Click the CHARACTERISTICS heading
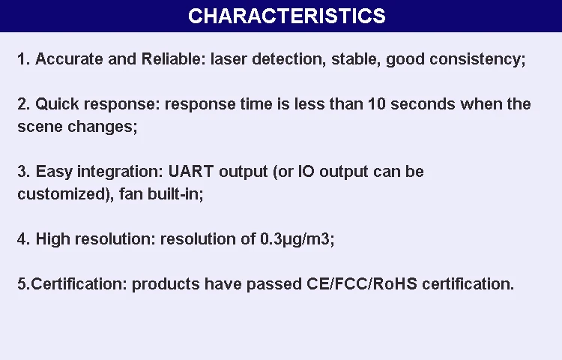(287, 16)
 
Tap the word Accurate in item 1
(69, 58)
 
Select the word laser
(229, 58)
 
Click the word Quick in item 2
(57, 104)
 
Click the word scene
(40, 127)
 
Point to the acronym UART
(191, 172)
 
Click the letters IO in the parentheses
(306, 172)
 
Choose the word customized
(61, 194)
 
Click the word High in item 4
(52, 239)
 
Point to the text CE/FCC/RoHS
(362, 283)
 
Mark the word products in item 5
(166, 284)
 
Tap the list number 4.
(22, 239)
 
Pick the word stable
(354, 58)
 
